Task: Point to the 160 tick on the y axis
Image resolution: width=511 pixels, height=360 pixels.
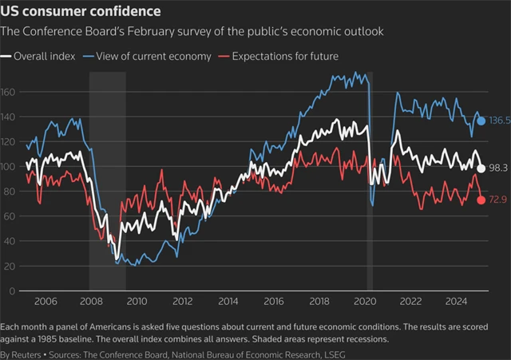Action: (x=10, y=92)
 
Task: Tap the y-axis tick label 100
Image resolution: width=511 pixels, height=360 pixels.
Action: (x=10, y=166)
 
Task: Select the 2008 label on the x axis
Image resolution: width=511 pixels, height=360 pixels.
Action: (x=89, y=302)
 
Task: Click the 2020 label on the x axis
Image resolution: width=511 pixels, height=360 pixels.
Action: (x=365, y=302)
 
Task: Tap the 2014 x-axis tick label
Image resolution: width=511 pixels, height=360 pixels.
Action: (x=228, y=302)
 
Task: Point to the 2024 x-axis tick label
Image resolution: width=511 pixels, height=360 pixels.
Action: (x=457, y=302)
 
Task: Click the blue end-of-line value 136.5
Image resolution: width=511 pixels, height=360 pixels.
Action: (x=500, y=121)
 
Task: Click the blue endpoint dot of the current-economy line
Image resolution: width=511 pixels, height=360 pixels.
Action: (x=481, y=121)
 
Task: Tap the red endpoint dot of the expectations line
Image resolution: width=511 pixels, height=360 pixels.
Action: (x=481, y=200)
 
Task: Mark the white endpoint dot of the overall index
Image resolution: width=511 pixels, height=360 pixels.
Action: (x=481, y=168)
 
